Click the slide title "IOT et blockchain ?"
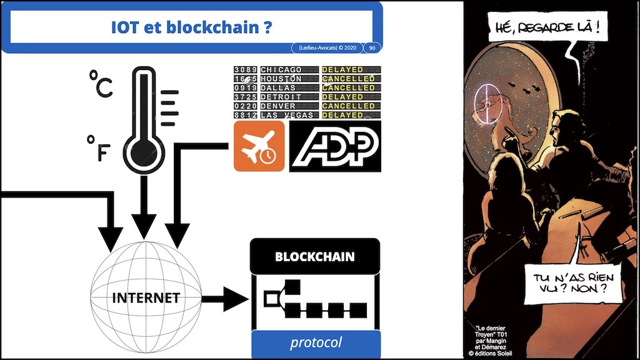(x=191, y=28)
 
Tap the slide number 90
(x=372, y=47)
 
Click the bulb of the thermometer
(x=144, y=152)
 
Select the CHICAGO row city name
(x=281, y=69)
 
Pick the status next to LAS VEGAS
(x=342, y=115)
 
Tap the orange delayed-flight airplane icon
(x=259, y=146)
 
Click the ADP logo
(x=334, y=146)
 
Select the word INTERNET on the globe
(x=146, y=297)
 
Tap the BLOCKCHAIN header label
(x=315, y=257)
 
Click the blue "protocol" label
(x=316, y=342)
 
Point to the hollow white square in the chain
(x=271, y=299)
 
